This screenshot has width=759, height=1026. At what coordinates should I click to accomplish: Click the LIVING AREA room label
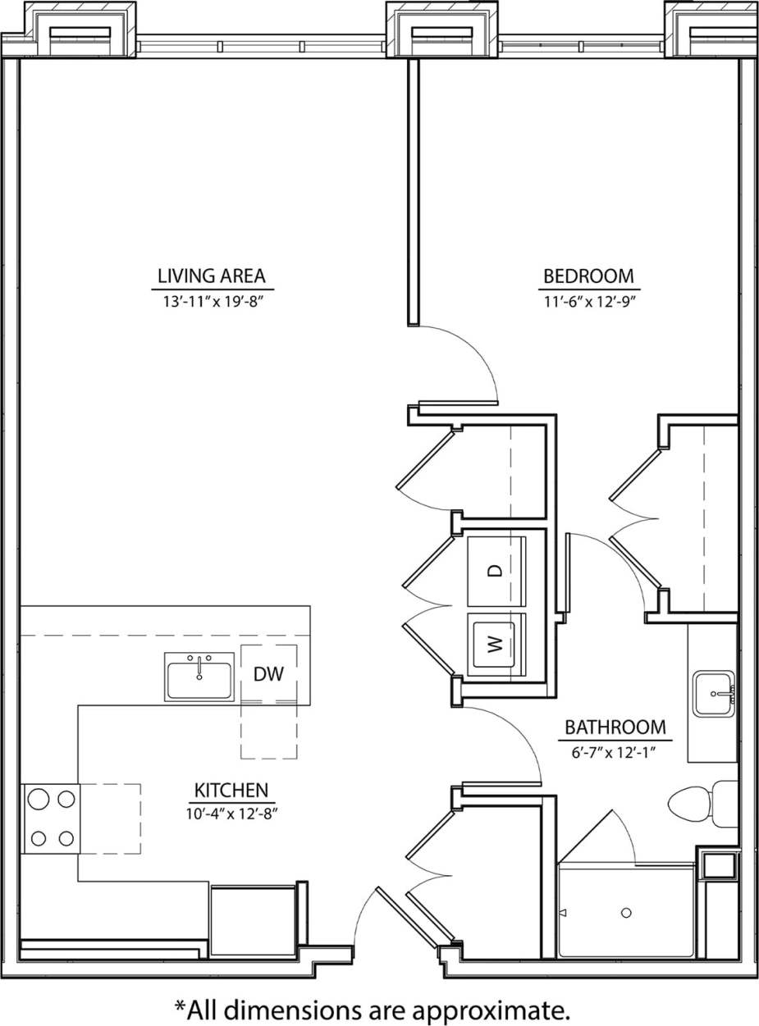[213, 276]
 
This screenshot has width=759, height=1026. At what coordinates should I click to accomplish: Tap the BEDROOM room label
[589, 276]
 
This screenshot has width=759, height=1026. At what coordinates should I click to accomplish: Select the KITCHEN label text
[231, 791]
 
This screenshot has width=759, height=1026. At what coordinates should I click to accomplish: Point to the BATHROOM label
[614, 727]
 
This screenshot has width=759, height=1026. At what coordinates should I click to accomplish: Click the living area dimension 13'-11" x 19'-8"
[213, 301]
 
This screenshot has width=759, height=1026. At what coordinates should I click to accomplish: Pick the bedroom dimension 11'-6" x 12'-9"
[589, 301]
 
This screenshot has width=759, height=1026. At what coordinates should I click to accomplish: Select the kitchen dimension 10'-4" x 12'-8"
[231, 814]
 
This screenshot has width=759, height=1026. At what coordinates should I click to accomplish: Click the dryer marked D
[495, 571]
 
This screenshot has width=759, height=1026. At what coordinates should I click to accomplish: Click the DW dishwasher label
[268, 674]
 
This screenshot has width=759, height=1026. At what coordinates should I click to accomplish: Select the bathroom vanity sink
[713, 694]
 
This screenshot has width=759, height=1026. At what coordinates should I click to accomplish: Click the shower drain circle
[626, 913]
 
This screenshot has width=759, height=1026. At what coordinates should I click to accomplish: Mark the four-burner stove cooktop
[50, 819]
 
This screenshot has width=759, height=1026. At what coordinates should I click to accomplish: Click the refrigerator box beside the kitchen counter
[252, 920]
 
